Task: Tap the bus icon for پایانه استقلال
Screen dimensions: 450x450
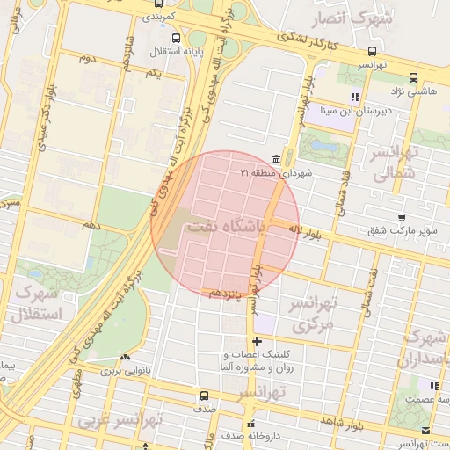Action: coord(176,38)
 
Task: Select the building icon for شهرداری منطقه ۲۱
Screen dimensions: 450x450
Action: coord(277,158)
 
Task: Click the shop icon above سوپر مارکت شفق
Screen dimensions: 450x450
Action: coord(402,217)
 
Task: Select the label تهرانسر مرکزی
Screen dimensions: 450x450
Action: coord(314,315)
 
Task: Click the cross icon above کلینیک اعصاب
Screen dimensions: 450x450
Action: coord(257,341)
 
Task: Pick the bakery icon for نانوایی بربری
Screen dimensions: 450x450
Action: coord(125,357)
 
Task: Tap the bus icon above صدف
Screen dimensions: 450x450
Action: coord(204,396)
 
